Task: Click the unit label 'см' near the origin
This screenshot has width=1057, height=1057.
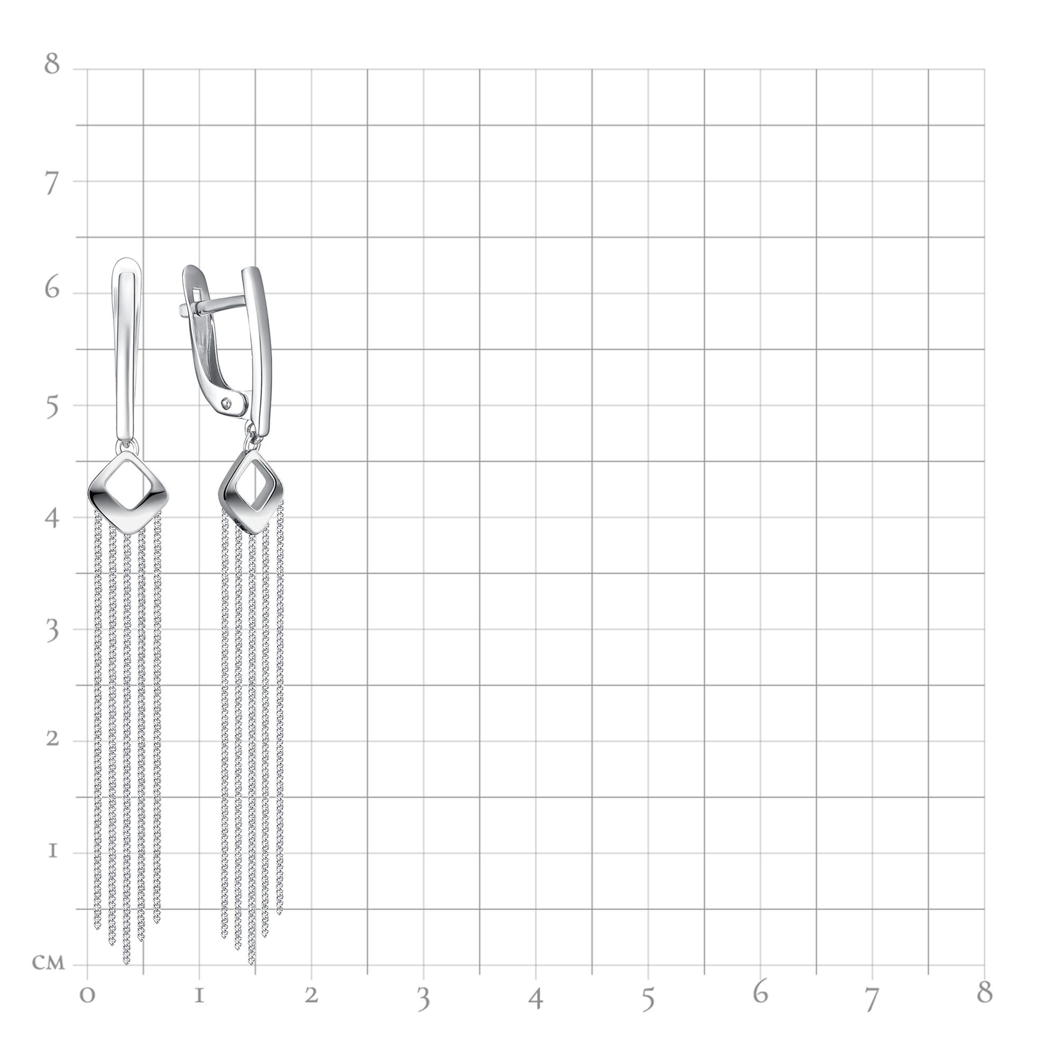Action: (x=48, y=963)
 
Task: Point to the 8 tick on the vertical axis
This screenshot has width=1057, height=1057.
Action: (x=52, y=64)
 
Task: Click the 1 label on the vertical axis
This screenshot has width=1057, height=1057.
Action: (x=52, y=851)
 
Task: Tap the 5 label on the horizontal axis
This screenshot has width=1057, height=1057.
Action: (x=648, y=999)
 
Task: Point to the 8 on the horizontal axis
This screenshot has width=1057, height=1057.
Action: (x=985, y=992)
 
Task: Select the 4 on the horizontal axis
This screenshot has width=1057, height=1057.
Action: (x=536, y=999)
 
